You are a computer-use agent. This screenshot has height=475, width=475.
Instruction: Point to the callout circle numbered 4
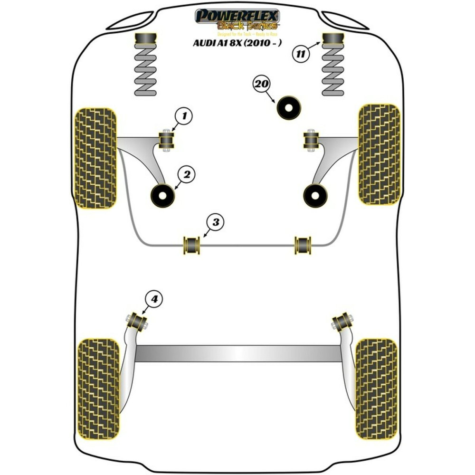click(x=154, y=299)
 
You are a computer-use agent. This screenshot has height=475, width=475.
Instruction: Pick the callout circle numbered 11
click(x=300, y=54)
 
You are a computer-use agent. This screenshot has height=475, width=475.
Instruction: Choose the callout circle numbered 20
click(x=261, y=85)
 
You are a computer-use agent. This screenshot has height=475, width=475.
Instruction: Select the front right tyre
click(x=378, y=154)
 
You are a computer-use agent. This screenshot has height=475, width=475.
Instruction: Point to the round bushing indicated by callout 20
click(x=289, y=108)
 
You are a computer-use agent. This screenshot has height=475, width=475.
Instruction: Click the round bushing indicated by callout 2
click(x=162, y=195)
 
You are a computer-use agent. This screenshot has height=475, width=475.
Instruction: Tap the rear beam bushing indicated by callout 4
click(x=137, y=321)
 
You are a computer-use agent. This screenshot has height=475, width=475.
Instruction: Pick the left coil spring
click(x=146, y=71)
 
